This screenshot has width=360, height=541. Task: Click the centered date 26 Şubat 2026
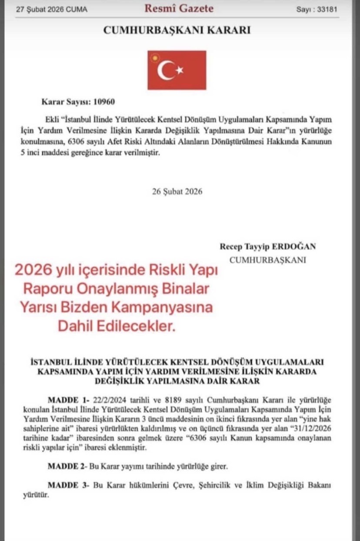click(177, 191)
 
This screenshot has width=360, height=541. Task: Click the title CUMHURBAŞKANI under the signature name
click(267, 260)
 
